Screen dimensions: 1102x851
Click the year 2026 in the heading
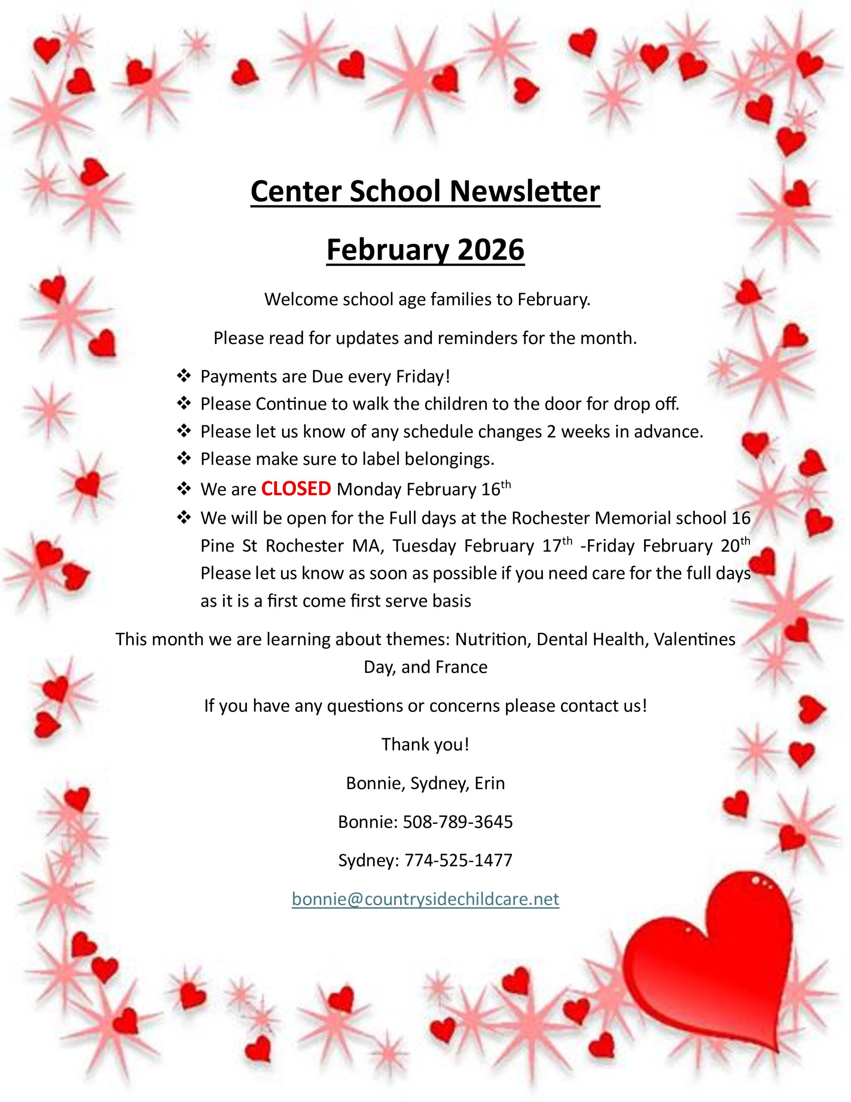click(x=491, y=250)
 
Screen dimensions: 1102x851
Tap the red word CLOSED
click(x=296, y=489)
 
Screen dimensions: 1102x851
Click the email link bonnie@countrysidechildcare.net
click(x=425, y=899)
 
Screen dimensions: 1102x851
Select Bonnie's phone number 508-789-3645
click(x=457, y=822)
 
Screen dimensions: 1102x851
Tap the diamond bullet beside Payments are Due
click(x=184, y=375)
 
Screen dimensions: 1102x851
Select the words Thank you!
click(x=425, y=744)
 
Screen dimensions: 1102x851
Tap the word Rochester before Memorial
click(x=550, y=518)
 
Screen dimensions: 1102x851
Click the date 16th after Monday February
click(x=496, y=489)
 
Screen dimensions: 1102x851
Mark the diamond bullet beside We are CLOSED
click(x=184, y=489)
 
